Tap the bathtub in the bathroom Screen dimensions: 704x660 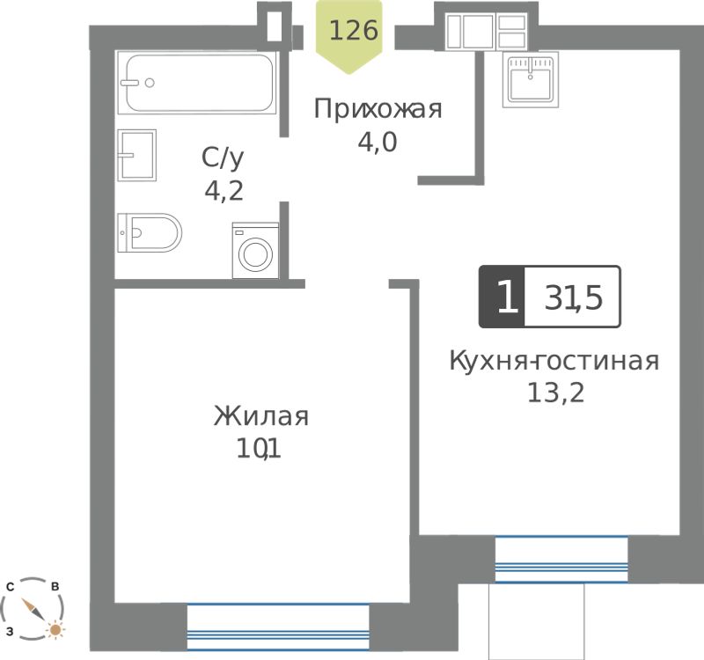197,82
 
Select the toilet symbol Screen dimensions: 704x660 150,232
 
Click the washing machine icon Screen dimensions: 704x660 255,251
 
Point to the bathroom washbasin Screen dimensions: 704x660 137,156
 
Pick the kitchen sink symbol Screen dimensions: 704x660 531,79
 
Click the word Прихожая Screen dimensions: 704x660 378,109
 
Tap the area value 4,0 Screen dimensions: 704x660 378,143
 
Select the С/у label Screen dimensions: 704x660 223,158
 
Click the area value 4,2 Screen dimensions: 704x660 224,191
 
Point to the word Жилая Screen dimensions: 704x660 261,415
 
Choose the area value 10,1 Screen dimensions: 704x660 259,449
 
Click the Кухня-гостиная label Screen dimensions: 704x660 554,361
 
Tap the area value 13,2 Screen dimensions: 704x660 556,392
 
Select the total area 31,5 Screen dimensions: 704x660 574,298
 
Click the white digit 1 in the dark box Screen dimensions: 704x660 508,297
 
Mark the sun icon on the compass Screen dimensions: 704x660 55,630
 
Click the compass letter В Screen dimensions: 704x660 55,587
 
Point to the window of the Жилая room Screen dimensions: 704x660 278,627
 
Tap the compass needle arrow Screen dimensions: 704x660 33,610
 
